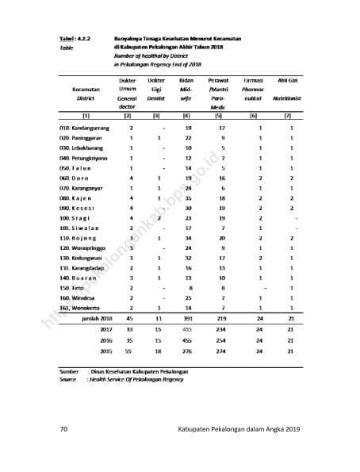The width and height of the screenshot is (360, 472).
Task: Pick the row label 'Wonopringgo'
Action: [x=85, y=248]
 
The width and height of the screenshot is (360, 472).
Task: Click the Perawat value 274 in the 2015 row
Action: [x=223, y=351]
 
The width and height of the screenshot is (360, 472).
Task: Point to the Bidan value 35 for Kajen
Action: [x=188, y=198]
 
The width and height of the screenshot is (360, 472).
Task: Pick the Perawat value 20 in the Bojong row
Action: [x=223, y=238]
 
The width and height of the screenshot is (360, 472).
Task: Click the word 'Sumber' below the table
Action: [x=70, y=371]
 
